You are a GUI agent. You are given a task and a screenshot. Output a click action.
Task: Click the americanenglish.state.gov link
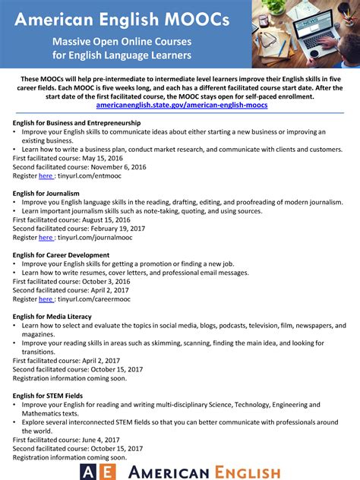coord(180,105)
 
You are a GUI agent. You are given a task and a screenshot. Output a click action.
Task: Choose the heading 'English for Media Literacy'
coord(52,316)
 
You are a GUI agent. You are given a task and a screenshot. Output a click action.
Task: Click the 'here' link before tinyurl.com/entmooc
coord(46,175)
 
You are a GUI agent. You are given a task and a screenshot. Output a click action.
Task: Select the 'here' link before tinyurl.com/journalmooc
coord(46,237)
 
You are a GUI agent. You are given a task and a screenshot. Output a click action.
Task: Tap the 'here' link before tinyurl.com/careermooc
coord(46,299)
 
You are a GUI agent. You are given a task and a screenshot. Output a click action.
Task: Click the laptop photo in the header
coord(307,34)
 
